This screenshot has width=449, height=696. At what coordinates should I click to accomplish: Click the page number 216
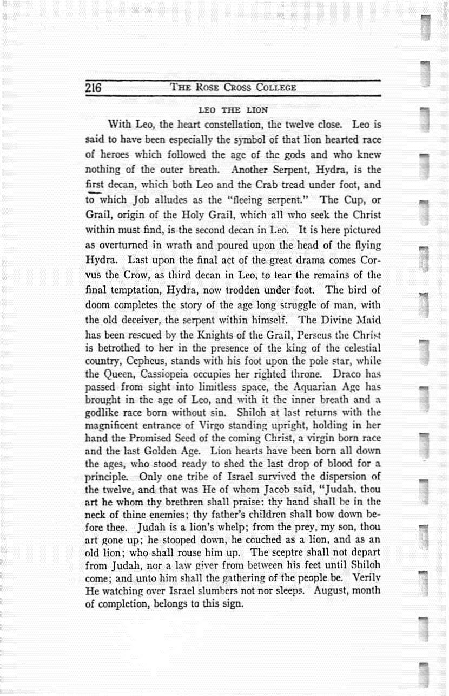(94, 88)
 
